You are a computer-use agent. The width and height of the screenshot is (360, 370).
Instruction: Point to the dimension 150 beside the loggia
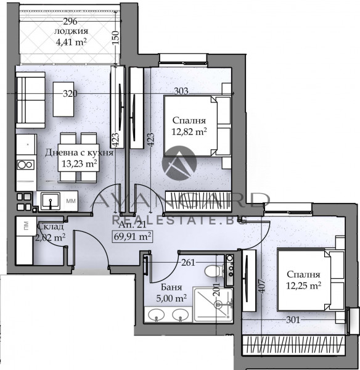coord(114,38)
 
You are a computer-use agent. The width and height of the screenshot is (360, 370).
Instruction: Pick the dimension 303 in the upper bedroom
coord(181,91)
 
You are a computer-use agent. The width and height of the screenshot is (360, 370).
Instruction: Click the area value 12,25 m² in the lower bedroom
coord(303,285)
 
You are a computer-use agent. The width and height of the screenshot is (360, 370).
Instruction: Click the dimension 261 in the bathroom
coord(188,262)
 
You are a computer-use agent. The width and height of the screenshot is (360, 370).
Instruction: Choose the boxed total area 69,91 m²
coord(132,236)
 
